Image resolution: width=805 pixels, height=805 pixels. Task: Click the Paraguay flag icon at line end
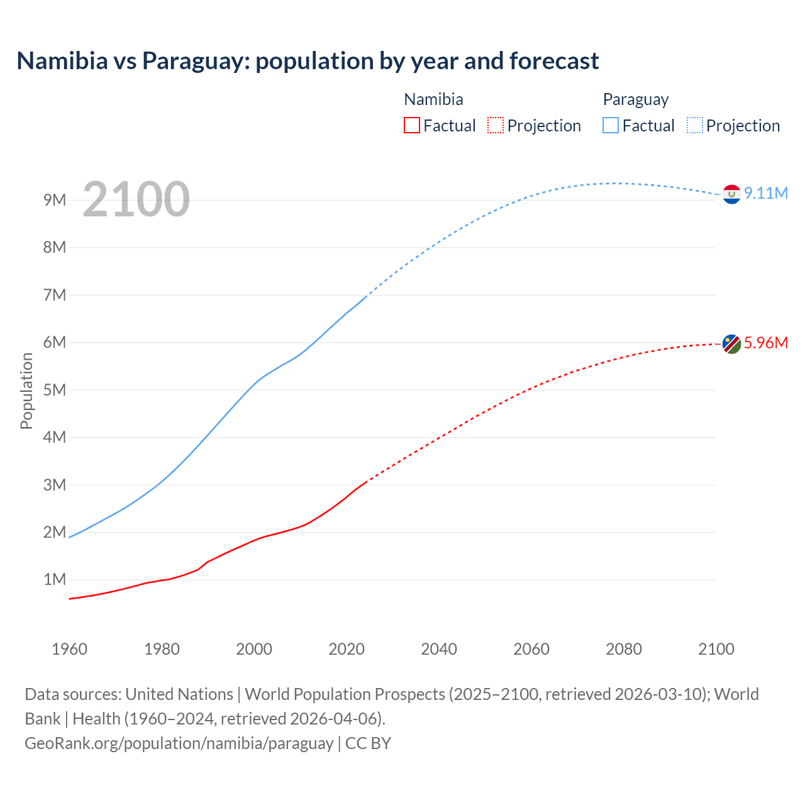(x=731, y=194)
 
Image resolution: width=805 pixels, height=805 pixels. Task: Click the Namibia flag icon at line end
(x=731, y=344)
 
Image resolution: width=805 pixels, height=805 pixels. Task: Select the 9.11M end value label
(x=766, y=193)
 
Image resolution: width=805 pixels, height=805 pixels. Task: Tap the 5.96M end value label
(x=766, y=343)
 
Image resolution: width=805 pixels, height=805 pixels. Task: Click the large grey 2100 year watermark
(x=136, y=199)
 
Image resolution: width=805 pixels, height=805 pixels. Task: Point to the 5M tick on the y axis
(x=55, y=390)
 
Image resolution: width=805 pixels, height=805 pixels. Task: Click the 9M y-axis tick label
(x=55, y=200)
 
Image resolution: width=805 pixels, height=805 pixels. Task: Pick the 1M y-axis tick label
(x=55, y=579)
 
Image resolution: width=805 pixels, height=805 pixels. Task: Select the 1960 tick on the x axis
(x=69, y=649)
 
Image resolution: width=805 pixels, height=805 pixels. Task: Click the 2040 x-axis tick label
(x=439, y=649)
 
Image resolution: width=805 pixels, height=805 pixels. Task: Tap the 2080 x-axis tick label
(x=624, y=649)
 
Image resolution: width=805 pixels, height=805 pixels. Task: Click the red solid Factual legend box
(x=412, y=125)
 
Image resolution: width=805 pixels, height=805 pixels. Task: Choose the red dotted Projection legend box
(x=496, y=125)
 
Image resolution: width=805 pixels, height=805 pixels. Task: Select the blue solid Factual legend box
(x=611, y=125)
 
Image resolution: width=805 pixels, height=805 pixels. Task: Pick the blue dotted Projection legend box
(x=695, y=125)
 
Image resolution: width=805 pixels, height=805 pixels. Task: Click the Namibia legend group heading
(x=433, y=99)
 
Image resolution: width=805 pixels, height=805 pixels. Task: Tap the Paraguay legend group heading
(x=636, y=99)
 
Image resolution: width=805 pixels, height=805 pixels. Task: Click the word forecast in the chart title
(x=554, y=61)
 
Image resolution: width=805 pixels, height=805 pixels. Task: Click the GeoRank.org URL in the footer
(x=179, y=743)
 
